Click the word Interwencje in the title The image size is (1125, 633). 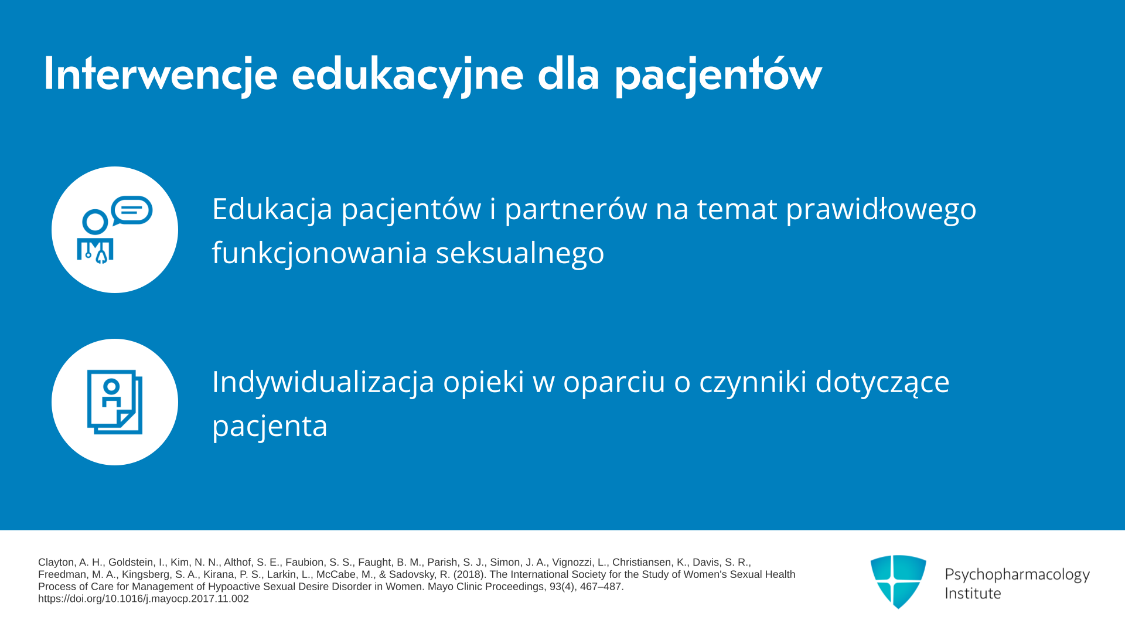tap(161, 74)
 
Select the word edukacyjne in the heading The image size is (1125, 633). tap(407, 74)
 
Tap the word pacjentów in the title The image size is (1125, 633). tap(718, 74)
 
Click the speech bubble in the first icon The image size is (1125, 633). tap(132, 210)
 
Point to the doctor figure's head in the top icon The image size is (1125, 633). tap(95, 222)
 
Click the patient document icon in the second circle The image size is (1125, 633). tap(115, 402)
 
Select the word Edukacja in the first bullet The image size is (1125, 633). tap(272, 209)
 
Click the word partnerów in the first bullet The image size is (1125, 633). tap(575, 209)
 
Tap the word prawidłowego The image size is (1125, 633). tap(881, 209)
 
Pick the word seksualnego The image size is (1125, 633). tap(520, 253)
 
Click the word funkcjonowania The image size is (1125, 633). tap(319, 253)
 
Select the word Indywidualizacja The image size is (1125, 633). tap(323, 382)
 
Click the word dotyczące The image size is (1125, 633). tap(882, 382)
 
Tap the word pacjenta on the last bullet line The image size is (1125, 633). tap(270, 426)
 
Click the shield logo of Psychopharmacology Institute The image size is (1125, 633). tap(898, 581)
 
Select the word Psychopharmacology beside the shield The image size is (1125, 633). tap(1017, 575)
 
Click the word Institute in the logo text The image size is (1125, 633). tap(973, 593)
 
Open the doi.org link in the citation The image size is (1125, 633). tap(144, 599)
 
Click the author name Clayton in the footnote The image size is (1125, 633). tap(57, 563)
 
